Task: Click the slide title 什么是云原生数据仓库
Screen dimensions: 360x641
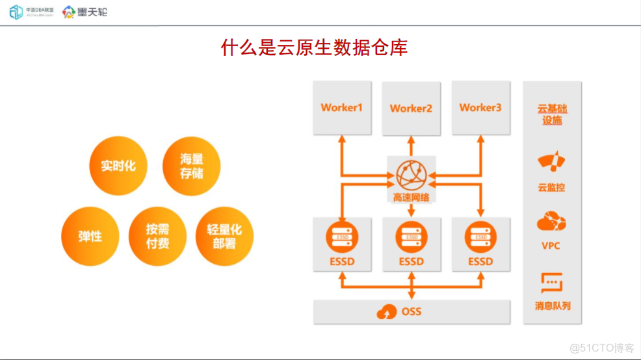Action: coord(314,48)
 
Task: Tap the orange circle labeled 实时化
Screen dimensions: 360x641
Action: coord(118,166)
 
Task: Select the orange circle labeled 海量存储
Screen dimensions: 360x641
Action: coord(191,166)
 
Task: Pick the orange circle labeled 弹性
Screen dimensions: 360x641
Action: coord(90,236)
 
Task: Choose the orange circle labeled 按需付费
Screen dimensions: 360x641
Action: coord(157,236)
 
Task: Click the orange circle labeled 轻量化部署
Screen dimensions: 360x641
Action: coord(224,236)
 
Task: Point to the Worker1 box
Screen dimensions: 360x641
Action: coord(342,108)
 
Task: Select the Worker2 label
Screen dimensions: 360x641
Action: coord(411,109)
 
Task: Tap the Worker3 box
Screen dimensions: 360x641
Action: coord(480,108)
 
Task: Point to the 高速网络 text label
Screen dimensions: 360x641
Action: coord(411,197)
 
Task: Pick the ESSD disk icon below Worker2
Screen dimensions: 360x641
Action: coord(411,238)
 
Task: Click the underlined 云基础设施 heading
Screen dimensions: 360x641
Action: coord(552,114)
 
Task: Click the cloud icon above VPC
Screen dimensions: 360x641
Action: coord(551,222)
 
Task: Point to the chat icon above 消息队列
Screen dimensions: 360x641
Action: coord(551,283)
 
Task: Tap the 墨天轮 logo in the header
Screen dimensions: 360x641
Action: coord(85,12)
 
